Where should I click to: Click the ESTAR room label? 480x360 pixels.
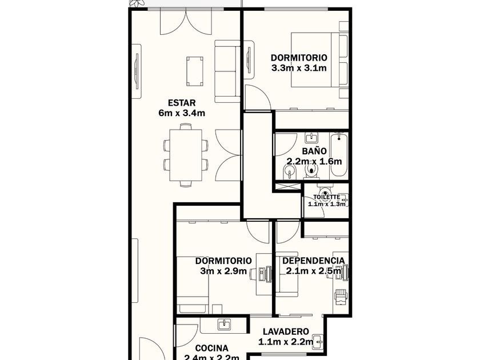click(182, 102)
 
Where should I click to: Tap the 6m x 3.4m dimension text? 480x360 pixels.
click(182, 113)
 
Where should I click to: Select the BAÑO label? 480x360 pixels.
click(314, 151)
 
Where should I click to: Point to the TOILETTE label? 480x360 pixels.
click(326, 197)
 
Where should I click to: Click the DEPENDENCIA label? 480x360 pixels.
click(314, 261)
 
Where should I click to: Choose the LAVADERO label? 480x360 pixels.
click(286, 331)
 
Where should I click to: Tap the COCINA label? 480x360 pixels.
click(212, 349)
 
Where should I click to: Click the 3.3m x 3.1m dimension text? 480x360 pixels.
click(299, 68)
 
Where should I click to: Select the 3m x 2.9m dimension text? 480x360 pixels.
click(223, 271)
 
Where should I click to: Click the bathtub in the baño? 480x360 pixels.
click(339, 155)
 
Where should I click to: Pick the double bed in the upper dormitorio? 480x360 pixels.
click(319, 59)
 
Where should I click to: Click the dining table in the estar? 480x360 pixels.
click(186, 155)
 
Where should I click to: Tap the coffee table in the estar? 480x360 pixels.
click(195, 71)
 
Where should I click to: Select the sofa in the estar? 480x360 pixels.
click(227, 71)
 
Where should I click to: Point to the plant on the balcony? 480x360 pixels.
click(137, 3)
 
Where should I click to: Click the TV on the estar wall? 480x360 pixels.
click(137, 71)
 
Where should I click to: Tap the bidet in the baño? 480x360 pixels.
click(289, 173)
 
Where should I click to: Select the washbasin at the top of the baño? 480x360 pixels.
click(311, 137)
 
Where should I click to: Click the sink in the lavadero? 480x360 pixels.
click(319, 341)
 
